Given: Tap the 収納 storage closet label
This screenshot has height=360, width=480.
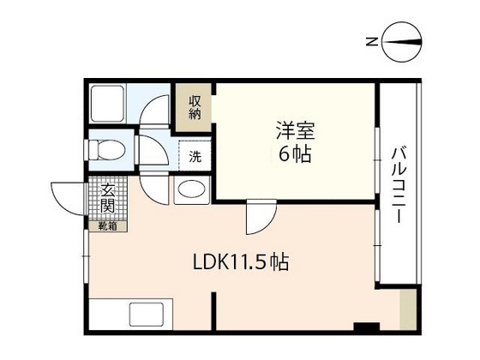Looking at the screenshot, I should [195, 107].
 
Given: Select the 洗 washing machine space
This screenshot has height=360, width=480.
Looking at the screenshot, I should [195, 157].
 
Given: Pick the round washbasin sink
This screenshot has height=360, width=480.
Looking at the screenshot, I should [191, 190].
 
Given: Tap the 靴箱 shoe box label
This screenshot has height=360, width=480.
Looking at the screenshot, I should [107, 226].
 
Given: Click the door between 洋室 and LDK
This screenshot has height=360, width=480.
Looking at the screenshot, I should [256, 219].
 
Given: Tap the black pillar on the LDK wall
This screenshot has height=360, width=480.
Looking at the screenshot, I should [366, 327].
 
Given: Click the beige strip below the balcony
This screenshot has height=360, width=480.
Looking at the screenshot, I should [408, 309].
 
